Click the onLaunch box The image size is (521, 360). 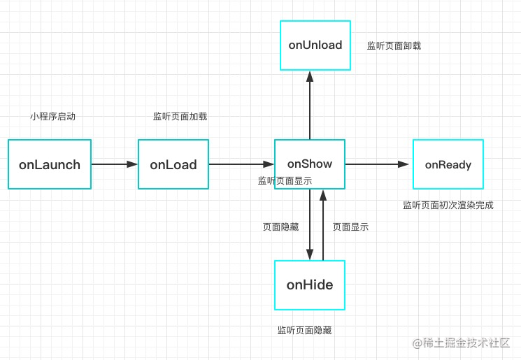point(50,164)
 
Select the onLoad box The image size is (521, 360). point(173,164)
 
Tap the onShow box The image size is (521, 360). point(310,164)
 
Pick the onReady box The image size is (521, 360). point(448,164)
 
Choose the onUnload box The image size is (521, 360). point(315,45)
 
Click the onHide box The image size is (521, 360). point(310,285)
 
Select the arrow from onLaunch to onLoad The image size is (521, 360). point(115,164)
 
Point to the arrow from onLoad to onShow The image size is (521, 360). point(241,164)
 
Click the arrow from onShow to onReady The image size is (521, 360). point(377,164)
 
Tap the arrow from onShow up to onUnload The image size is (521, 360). point(310,106)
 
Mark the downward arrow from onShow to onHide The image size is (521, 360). point(310,224)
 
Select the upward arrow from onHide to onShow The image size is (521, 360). point(323,225)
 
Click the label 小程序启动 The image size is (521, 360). point(53,117)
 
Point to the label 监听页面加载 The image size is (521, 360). point(180,117)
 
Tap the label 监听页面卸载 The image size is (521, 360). point(394,46)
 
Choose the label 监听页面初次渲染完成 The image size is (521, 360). point(448,206)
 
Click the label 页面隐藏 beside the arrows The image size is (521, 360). point(280,226)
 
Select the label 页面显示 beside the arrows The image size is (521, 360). point(350,226)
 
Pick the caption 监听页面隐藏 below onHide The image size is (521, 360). point(305,330)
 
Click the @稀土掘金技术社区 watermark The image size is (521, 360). point(461,343)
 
